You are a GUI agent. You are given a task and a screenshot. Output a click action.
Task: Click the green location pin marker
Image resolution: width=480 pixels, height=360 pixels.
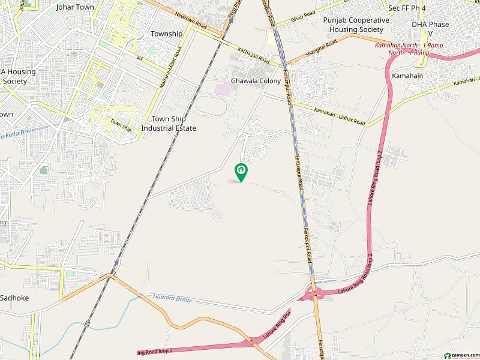(x=241, y=172)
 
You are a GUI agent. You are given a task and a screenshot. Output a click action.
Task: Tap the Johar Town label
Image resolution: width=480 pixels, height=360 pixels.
(x=75, y=7)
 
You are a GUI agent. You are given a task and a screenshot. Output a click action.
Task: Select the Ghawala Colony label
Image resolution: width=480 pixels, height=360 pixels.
(x=256, y=81)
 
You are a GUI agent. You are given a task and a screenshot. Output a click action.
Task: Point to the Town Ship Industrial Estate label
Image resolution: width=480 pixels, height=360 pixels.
(x=169, y=124)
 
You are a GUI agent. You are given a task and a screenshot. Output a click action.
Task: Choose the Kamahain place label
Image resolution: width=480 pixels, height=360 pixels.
(x=408, y=77)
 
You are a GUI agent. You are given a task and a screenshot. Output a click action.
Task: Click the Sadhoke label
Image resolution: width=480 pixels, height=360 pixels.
(x=14, y=298)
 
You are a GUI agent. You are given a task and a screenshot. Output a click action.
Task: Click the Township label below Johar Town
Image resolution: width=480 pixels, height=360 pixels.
(x=166, y=34)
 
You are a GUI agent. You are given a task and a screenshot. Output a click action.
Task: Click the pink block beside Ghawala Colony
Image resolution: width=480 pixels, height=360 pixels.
(x=222, y=89)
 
